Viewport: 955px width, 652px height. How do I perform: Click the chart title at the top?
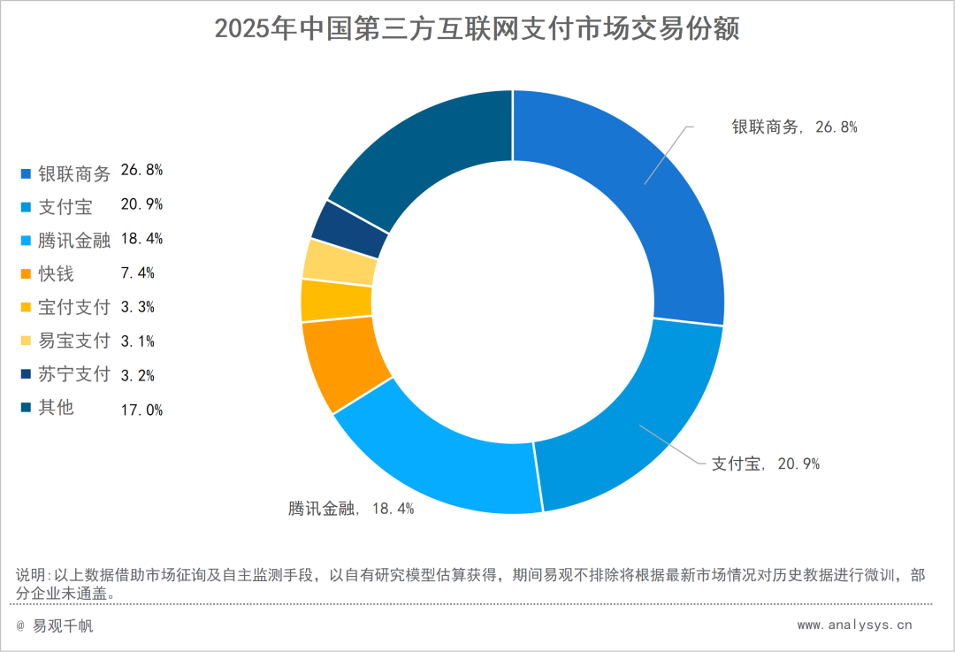pyautogui.click(x=477, y=28)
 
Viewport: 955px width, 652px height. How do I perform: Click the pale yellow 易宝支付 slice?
pyautogui.click(x=339, y=260)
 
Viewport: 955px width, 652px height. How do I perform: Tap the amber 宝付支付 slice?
pyautogui.click(x=336, y=300)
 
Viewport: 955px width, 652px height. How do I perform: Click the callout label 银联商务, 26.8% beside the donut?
pyautogui.click(x=793, y=127)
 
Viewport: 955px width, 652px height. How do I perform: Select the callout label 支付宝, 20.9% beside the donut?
pyautogui.click(x=766, y=464)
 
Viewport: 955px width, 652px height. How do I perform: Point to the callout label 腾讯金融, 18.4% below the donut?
pyautogui.click(x=351, y=509)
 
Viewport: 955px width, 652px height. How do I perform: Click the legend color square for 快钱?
pyautogui.click(x=26, y=273)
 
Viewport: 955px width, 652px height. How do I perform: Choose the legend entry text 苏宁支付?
pyautogui.click(x=74, y=374)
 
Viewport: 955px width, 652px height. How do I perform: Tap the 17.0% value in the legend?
pyautogui.click(x=141, y=410)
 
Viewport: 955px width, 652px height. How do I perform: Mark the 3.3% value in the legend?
pyautogui.click(x=138, y=307)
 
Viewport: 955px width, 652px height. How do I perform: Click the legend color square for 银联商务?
pyautogui.click(x=26, y=173)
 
